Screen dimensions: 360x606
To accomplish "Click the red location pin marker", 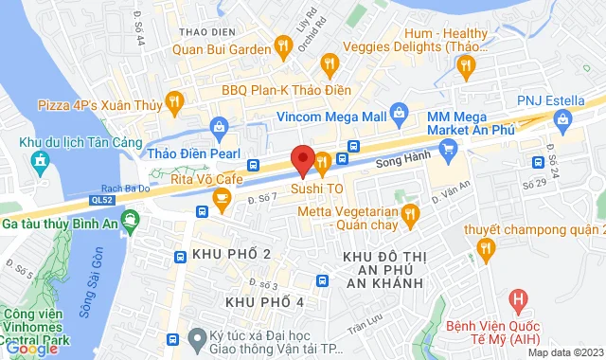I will click(x=303, y=159).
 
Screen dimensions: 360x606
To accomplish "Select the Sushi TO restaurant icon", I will click(x=323, y=162).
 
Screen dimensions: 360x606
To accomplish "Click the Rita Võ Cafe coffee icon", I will click(x=221, y=197).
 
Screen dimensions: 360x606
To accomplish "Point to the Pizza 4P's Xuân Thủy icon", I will click(x=173, y=100).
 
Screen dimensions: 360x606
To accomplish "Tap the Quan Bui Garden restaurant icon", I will click(x=281, y=44).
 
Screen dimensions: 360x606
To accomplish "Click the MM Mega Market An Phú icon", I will click(x=450, y=149).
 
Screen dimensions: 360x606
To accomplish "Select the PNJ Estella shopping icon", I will click(x=564, y=119).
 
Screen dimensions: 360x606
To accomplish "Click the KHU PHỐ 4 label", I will click(x=258, y=301).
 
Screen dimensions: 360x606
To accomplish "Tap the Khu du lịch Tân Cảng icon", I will click(x=39, y=162).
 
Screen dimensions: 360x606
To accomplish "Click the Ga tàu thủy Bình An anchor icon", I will click(x=132, y=225).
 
